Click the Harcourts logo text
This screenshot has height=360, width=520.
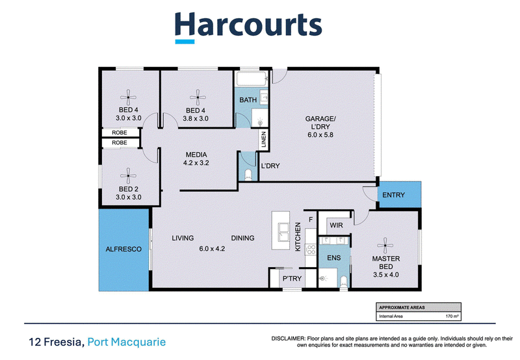pos(248,25)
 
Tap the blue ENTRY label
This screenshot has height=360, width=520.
pos(393,195)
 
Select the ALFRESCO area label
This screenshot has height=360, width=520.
pos(123,249)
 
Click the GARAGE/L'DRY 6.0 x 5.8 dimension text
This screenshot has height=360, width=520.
pos(320,135)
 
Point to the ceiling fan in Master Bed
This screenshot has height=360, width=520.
pos(385,246)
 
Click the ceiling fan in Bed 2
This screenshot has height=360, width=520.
pos(128,175)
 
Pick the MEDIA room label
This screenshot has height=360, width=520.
pos(196,155)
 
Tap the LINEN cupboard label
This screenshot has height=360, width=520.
pos(264,139)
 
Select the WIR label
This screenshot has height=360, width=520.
pos(336,225)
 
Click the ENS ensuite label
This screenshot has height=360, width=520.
pos(333,257)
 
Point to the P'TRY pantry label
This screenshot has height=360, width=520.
pos(292,279)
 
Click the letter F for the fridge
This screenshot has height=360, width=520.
pos(311,220)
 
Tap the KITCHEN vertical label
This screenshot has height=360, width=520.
pos(298,237)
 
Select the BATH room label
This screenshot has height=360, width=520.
pos(248,100)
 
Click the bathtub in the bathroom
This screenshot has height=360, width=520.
pos(252,79)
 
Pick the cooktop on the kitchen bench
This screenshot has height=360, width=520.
pos(311,250)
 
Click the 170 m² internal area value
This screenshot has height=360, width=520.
pos(452,316)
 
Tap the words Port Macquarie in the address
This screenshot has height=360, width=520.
pos(126,342)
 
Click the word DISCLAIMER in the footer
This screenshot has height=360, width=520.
pos(288,339)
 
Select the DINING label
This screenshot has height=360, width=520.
pos(242,238)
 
